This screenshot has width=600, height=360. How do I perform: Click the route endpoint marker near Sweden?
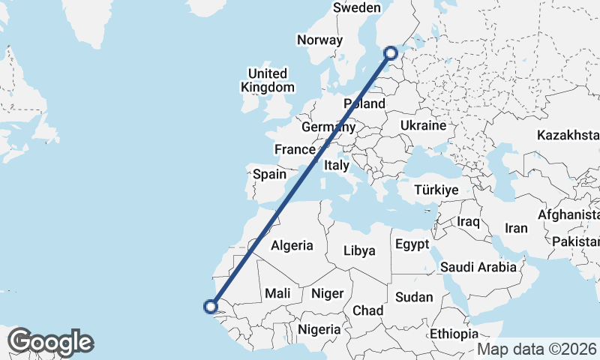(391, 52)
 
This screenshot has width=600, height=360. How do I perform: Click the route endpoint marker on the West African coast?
(211, 305)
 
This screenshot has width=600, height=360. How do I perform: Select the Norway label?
(319, 40)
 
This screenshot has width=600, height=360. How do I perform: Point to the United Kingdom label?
(268, 80)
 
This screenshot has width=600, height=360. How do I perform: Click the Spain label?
(269, 174)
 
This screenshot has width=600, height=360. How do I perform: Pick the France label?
(294, 149)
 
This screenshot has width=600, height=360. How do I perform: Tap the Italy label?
(336, 165)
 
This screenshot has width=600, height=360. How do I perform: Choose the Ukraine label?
(424, 125)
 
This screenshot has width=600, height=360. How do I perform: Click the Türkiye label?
(436, 190)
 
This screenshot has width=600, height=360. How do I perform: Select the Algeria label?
(292, 245)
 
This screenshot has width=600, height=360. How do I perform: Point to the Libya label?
(358, 250)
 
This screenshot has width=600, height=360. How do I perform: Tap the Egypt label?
(412, 244)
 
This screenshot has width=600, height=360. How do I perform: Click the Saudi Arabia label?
(478, 266)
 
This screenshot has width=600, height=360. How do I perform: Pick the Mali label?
(277, 293)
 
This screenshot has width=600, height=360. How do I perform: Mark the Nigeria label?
(319, 328)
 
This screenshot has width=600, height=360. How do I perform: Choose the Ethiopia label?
(454, 333)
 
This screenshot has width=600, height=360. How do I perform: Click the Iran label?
(517, 228)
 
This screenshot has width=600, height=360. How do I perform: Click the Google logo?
(50, 342)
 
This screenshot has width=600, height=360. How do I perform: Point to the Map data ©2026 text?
(536, 349)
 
